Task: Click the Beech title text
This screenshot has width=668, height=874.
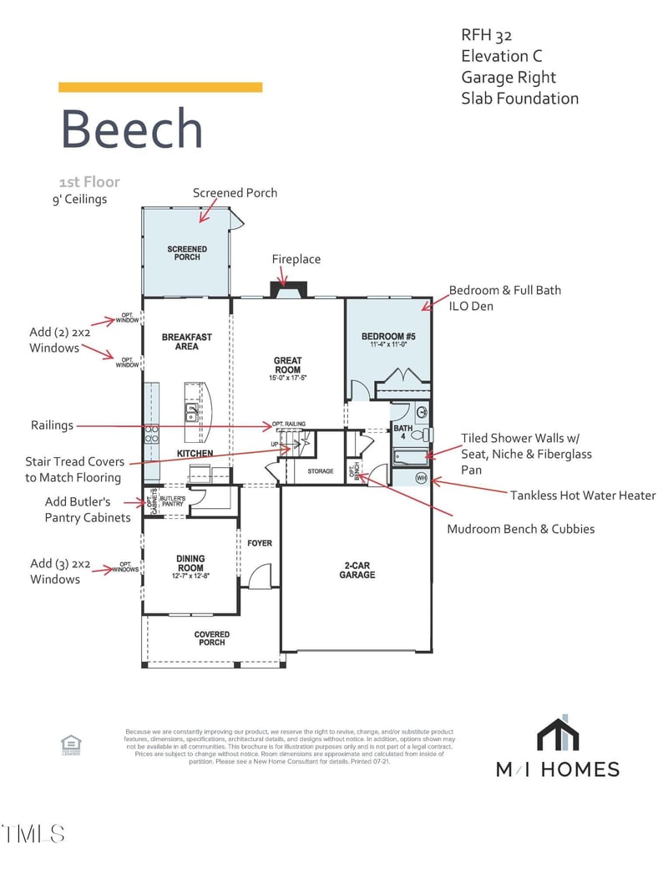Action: [x=132, y=130]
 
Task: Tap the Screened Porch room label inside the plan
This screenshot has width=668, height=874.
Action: [x=187, y=253]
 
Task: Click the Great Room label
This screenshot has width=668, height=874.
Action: [x=288, y=366]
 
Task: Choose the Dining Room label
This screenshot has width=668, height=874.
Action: [x=190, y=564]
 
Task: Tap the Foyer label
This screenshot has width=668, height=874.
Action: [x=260, y=543]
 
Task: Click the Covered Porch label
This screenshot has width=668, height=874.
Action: [x=212, y=639]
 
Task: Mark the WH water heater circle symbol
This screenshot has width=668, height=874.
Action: [x=421, y=479]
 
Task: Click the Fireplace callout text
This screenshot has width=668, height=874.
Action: [x=296, y=259]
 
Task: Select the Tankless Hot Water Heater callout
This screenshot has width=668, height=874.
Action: [x=583, y=495]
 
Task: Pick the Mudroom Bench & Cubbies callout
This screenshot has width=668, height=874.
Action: [x=521, y=529]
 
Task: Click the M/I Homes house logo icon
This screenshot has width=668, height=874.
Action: [x=558, y=735]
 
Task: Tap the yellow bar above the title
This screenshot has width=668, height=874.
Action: [x=160, y=87]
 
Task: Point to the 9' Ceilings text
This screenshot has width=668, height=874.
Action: [x=79, y=199]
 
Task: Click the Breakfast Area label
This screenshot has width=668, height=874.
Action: [x=187, y=342]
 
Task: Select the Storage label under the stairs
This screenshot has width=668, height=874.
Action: [x=320, y=471]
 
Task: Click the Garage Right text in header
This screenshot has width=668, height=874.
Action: [x=509, y=77]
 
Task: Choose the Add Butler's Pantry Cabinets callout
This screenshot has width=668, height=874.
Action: [x=88, y=510]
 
